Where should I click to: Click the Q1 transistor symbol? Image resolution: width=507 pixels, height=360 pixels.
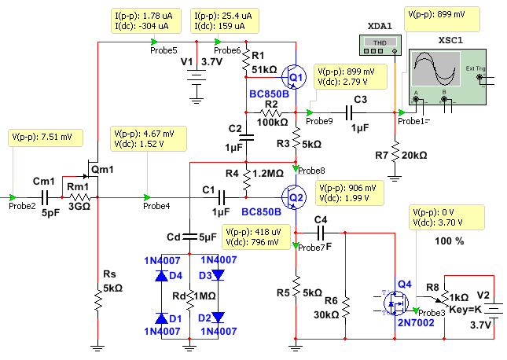pyautogui.click(x=294, y=77)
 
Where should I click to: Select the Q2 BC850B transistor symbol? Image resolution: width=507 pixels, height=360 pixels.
pyautogui.click(x=294, y=197)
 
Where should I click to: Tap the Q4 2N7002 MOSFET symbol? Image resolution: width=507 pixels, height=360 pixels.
pyautogui.click(x=395, y=303)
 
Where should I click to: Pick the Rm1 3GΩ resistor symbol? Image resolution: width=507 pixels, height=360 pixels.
pyautogui.click(x=79, y=197)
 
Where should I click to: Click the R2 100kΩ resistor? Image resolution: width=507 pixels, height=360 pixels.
pyautogui.click(x=271, y=113)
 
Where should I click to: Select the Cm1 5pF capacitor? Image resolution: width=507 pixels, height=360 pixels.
pyautogui.click(x=45, y=197)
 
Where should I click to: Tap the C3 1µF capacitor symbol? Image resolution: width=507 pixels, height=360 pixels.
pyautogui.click(x=348, y=113)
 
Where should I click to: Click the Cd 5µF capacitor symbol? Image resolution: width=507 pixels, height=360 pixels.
pyautogui.click(x=189, y=237)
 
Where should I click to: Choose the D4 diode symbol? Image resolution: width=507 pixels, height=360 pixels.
pyautogui.click(x=161, y=276)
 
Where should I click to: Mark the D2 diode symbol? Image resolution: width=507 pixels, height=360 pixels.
pyautogui.click(x=218, y=318)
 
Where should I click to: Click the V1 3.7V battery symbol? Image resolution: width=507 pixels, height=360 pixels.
pyautogui.click(x=197, y=79)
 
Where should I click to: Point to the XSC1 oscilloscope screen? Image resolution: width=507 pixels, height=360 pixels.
pyautogui.click(x=435, y=69)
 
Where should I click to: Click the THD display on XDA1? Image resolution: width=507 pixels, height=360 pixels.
pyautogui.click(x=380, y=42)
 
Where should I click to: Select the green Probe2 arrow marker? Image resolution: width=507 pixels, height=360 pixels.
pyautogui.click(x=13, y=197)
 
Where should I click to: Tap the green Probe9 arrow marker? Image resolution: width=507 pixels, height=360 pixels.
pyautogui.click(x=310, y=112)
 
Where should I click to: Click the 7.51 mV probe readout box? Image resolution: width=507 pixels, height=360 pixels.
pyautogui.click(x=46, y=138)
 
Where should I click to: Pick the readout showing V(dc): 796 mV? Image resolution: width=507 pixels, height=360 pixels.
pyautogui.click(x=256, y=237)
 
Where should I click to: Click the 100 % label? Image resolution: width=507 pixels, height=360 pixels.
pyautogui.click(x=449, y=241)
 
